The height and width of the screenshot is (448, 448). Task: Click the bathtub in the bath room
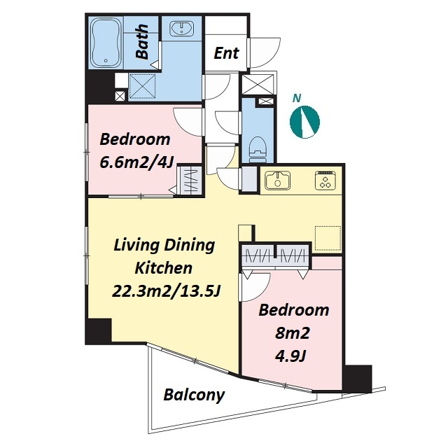pyautogui.click(x=106, y=42)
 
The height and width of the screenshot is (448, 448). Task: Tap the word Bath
pyautogui.click(x=142, y=42)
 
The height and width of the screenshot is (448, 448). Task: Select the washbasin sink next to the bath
pyautogui.click(x=182, y=29)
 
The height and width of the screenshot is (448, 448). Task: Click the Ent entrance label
pyautogui.click(x=226, y=53)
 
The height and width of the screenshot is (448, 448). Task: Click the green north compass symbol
pyautogui.click(x=304, y=122)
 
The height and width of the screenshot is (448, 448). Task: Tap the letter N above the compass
pyautogui.click(x=297, y=98)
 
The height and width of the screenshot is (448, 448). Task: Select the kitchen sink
pyautogui.click(x=277, y=181)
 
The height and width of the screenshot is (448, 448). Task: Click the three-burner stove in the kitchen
pyautogui.click(x=325, y=181)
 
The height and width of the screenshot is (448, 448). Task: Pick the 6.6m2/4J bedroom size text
pyautogui.click(x=136, y=163)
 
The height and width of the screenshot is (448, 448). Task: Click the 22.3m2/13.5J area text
pyautogui.click(x=166, y=291)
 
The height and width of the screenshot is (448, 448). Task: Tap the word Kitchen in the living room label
pyautogui.click(x=163, y=268)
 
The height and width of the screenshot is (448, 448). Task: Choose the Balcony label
pyautogui.click(x=194, y=395)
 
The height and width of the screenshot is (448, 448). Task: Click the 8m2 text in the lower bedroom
pyautogui.click(x=293, y=333)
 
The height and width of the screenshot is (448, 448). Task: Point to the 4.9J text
pyautogui.click(x=290, y=356)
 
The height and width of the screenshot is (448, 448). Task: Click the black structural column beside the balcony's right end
pyautogui.click(x=358, y=379)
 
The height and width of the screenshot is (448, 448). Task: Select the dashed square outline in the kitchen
pyautogui.click(x=328, y=239)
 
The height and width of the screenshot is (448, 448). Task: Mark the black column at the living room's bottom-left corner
pyautogui.click(x=98, y=331)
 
